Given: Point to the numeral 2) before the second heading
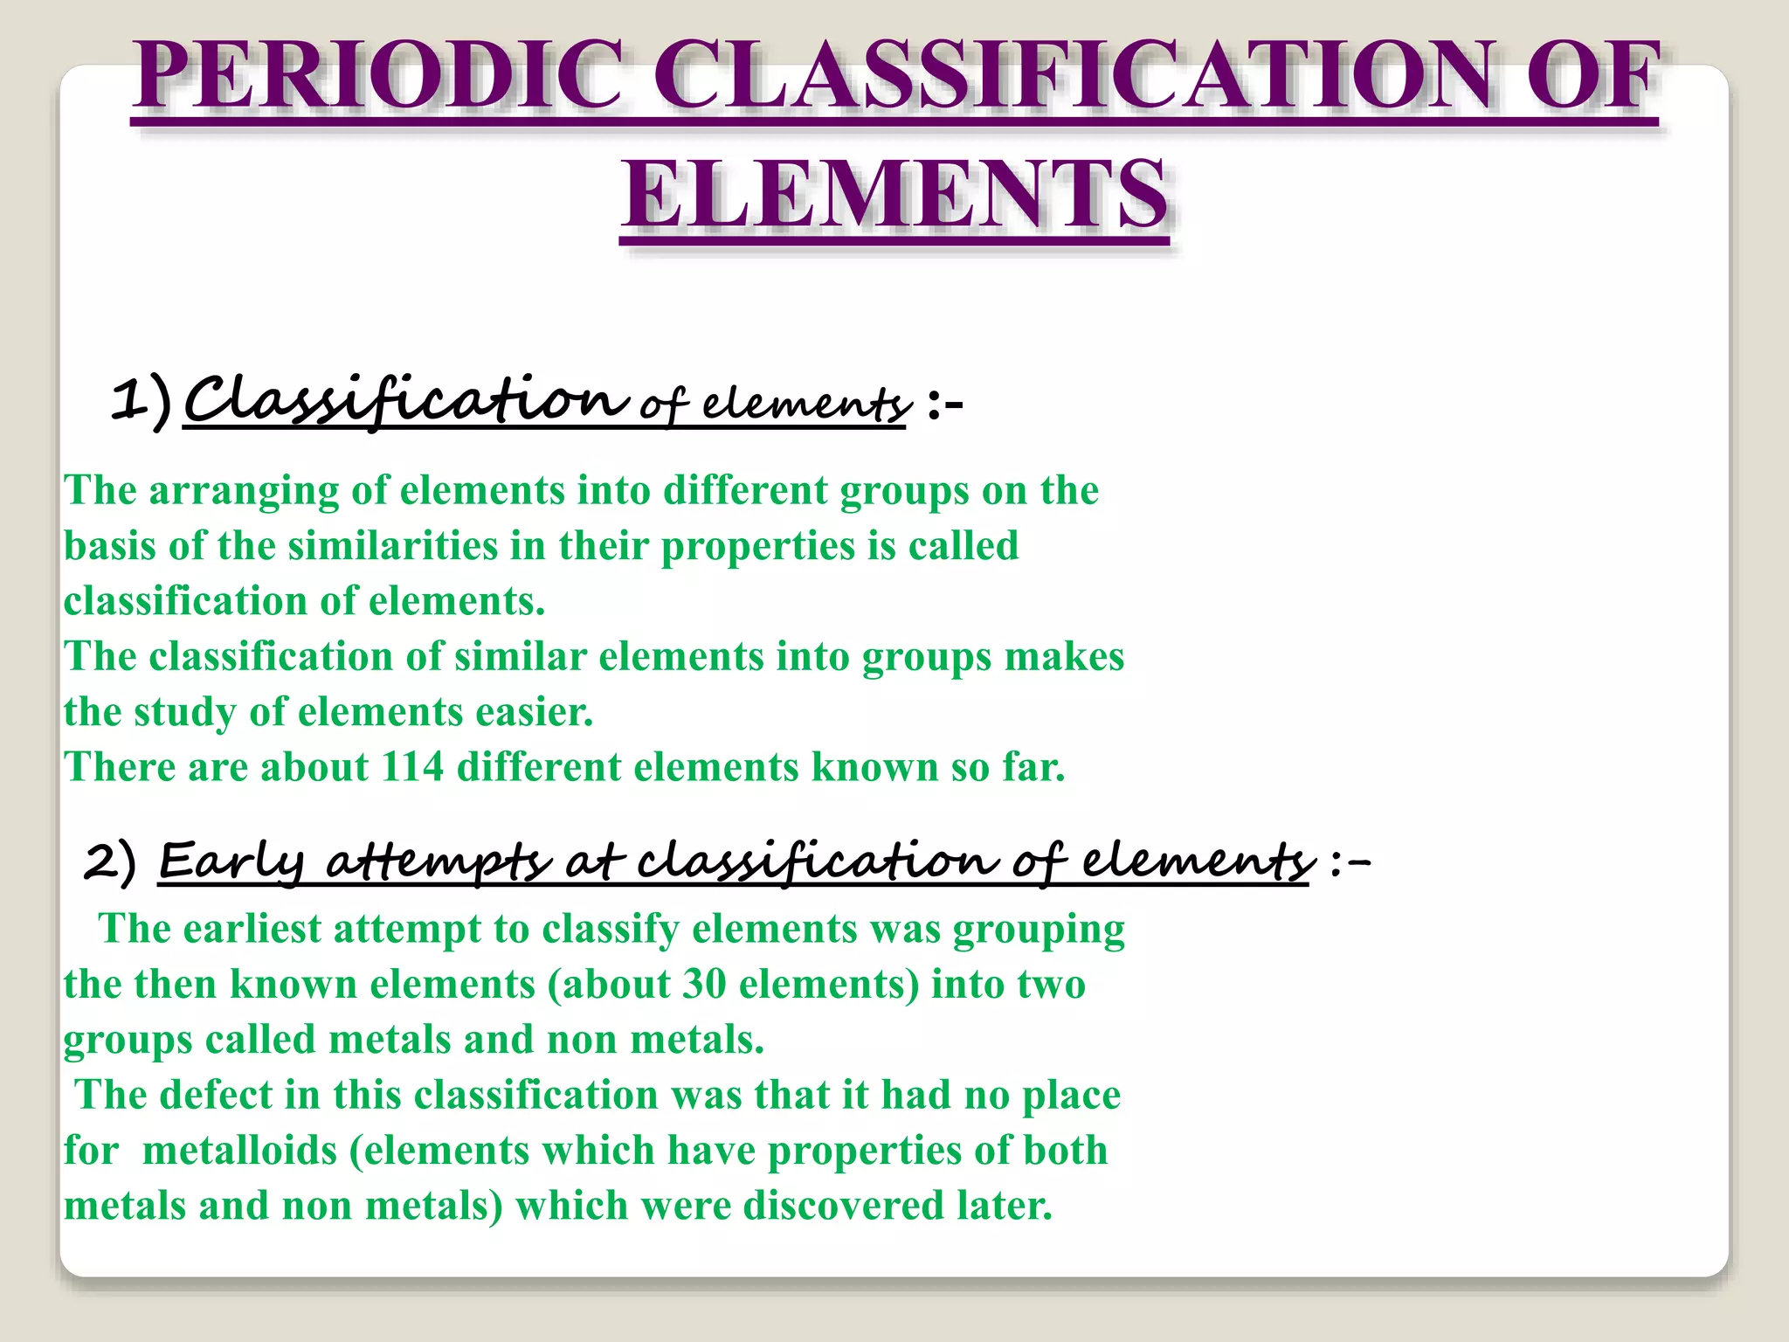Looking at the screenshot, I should pos(111,862).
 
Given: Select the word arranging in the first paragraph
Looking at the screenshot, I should pos(244,490).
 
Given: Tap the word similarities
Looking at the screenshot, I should pos(392,546).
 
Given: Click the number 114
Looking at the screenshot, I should pos(413,767).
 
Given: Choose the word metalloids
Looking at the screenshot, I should pos(239,1151).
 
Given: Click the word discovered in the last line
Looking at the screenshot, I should pos(844,1206).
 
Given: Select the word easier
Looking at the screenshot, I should pos(534,712).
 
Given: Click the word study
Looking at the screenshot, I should pos(185,712).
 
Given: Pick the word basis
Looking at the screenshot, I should pos(110,546).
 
